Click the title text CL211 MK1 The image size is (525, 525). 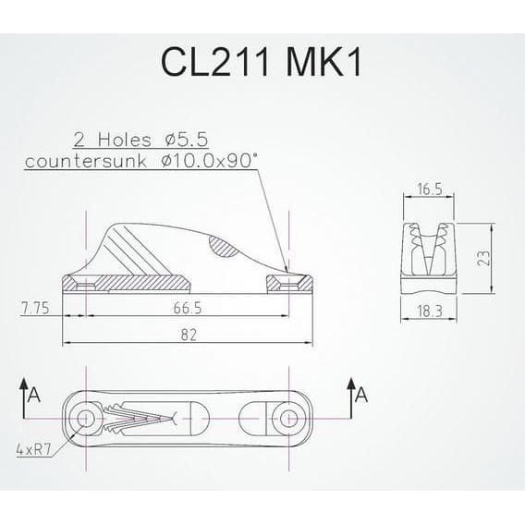[x=262, y=62]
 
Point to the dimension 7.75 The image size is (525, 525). [x=35, y=305]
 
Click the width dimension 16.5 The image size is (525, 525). [x=427, y=189]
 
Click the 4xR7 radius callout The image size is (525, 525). [x=32, y=451]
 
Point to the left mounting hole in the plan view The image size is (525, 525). [x=86, y=421]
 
